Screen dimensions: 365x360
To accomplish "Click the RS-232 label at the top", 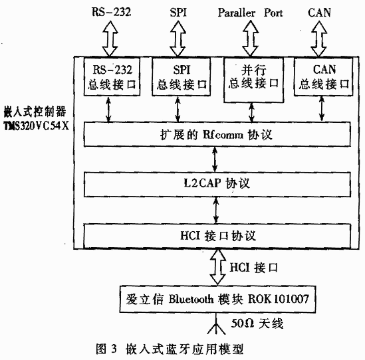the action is pos(112,12).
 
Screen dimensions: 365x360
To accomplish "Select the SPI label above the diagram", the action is pos(178,13).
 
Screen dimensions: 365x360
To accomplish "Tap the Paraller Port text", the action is pos(250,13).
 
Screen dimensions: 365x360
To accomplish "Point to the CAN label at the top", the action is pos(319,13).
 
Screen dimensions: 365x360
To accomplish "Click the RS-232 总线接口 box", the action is pos(112,76).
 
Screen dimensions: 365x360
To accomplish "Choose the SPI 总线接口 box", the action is pos(181,76).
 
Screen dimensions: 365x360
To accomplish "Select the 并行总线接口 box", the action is pos(254,80).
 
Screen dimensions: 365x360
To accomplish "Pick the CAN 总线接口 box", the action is pos(323,76).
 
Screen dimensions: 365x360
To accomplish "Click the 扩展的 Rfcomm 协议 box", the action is pos(217,134).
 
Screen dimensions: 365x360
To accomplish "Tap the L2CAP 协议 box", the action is pos(217,184).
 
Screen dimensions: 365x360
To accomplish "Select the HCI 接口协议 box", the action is pos(217,236).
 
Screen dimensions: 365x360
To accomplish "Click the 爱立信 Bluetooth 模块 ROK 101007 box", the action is pos(217,299).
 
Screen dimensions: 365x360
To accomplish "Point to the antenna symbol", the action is pos(216,325).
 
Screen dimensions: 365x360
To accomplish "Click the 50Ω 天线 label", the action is pos(257,323).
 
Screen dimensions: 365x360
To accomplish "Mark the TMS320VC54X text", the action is pos(37,126).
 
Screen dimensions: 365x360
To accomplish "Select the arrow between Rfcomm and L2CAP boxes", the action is pos(215,159).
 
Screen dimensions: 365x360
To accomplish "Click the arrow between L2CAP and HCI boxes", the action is pos(216,211).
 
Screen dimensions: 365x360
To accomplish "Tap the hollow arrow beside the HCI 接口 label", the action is pos(217,267).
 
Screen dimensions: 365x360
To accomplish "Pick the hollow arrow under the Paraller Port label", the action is pos(250,39).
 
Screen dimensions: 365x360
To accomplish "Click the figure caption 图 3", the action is pos(106,349).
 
